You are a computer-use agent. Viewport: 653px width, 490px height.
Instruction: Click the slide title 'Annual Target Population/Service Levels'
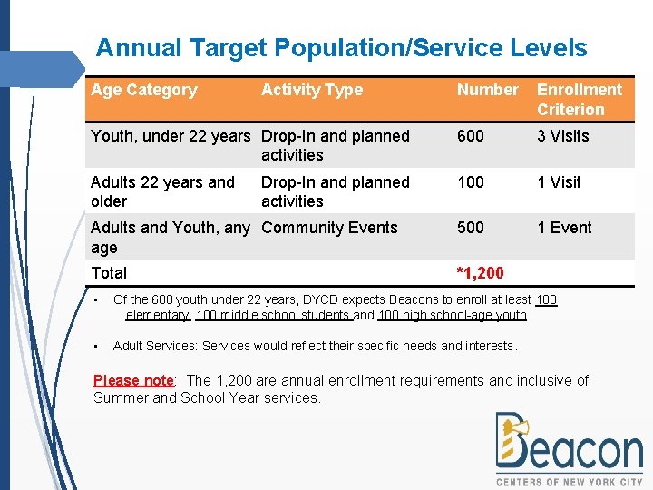coord(341,48)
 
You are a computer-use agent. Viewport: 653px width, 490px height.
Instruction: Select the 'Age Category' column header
coord(143,90)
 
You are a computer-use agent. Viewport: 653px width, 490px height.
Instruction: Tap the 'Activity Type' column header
coord(311,90)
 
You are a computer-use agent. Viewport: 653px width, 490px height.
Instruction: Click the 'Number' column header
coord(487,90)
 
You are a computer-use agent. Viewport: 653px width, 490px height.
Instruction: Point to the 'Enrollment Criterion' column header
coord(579,100)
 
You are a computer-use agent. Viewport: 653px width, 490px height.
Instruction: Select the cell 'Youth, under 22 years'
coord(170,136)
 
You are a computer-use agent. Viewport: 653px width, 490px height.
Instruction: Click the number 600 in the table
coord(471,136)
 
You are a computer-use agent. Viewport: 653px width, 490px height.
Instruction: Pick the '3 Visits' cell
coord(562,136)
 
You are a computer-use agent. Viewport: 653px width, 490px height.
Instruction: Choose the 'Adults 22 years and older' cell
coord(162,191)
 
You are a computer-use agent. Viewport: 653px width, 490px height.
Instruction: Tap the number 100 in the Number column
coord(471,182)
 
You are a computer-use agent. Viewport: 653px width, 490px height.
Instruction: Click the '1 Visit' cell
coord(559,182)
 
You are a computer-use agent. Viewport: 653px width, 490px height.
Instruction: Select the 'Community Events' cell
coord(329,228)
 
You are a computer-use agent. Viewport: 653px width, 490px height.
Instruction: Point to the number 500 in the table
coord(471,228)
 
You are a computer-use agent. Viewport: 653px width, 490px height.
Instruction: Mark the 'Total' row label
coord(109,273)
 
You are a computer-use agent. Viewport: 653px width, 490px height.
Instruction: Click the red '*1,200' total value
coord(481,273)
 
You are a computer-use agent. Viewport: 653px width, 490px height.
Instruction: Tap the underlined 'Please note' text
coord(132,380)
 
